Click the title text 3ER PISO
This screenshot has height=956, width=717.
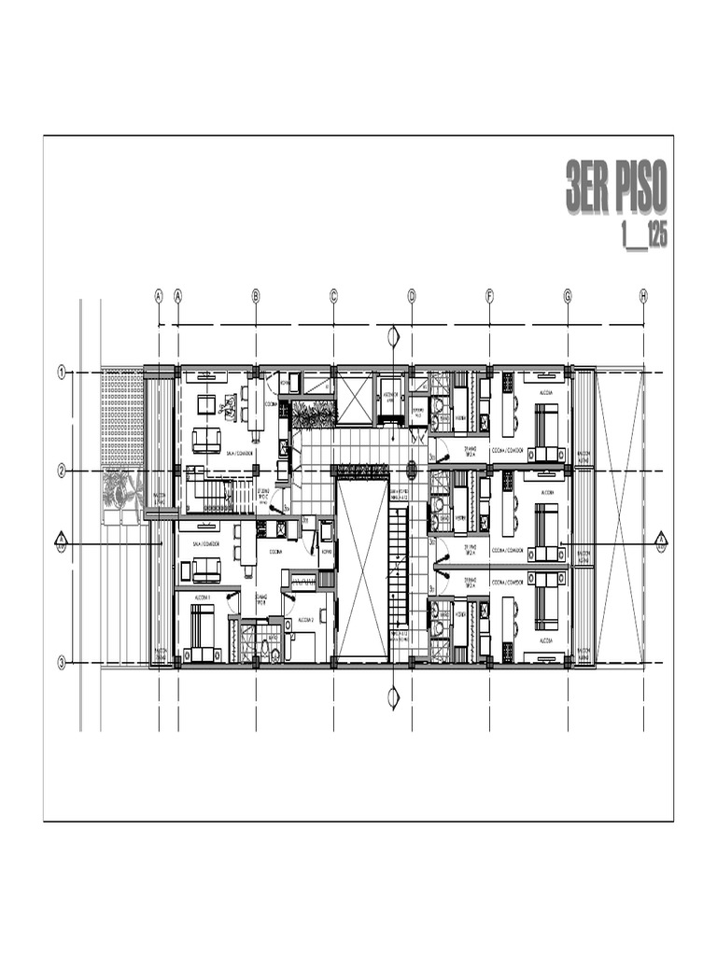tap(616, 187)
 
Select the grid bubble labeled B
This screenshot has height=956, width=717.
tap(256, 296)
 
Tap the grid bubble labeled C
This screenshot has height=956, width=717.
tap(333, 296)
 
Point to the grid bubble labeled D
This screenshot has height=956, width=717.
tap(411, 296)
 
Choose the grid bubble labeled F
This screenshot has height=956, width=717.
tap(489, 296)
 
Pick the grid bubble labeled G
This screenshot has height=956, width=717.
tap(567, 296)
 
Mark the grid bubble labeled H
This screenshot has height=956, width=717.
tap(643, 296)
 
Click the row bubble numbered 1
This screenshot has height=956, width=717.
tap(62, 373)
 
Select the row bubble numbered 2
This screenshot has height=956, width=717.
tap(62, 471)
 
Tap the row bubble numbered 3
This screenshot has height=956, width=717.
tap(62, 664)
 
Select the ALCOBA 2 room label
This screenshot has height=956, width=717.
tap(305, 619)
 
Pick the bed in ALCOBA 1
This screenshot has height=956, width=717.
tap(202, 626)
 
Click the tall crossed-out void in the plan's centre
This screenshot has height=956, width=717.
tap(360, 569)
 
